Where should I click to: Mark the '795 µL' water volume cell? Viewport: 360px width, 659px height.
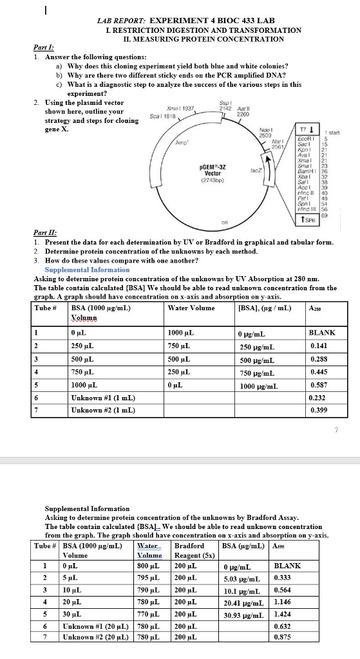(149, 577)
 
